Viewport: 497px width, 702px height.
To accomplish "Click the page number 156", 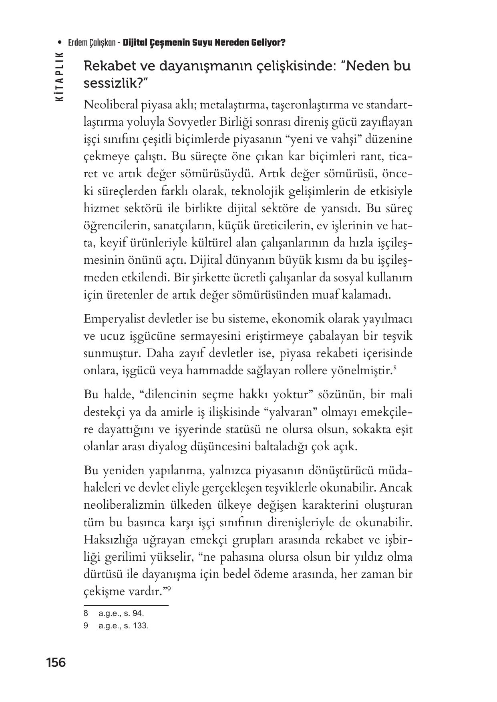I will point(56,662).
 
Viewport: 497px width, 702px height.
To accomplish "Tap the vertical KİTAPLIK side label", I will point(59,76).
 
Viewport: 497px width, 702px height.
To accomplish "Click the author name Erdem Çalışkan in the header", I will point(91,42).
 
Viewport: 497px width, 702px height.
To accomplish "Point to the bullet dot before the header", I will point(60,42).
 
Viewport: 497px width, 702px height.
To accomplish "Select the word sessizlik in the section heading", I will point(111,83).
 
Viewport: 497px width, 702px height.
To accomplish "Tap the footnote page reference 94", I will point(138,613).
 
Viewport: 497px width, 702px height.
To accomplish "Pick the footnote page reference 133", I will point(140,626).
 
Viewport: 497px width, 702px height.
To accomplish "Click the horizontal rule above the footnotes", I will point(126,605).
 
